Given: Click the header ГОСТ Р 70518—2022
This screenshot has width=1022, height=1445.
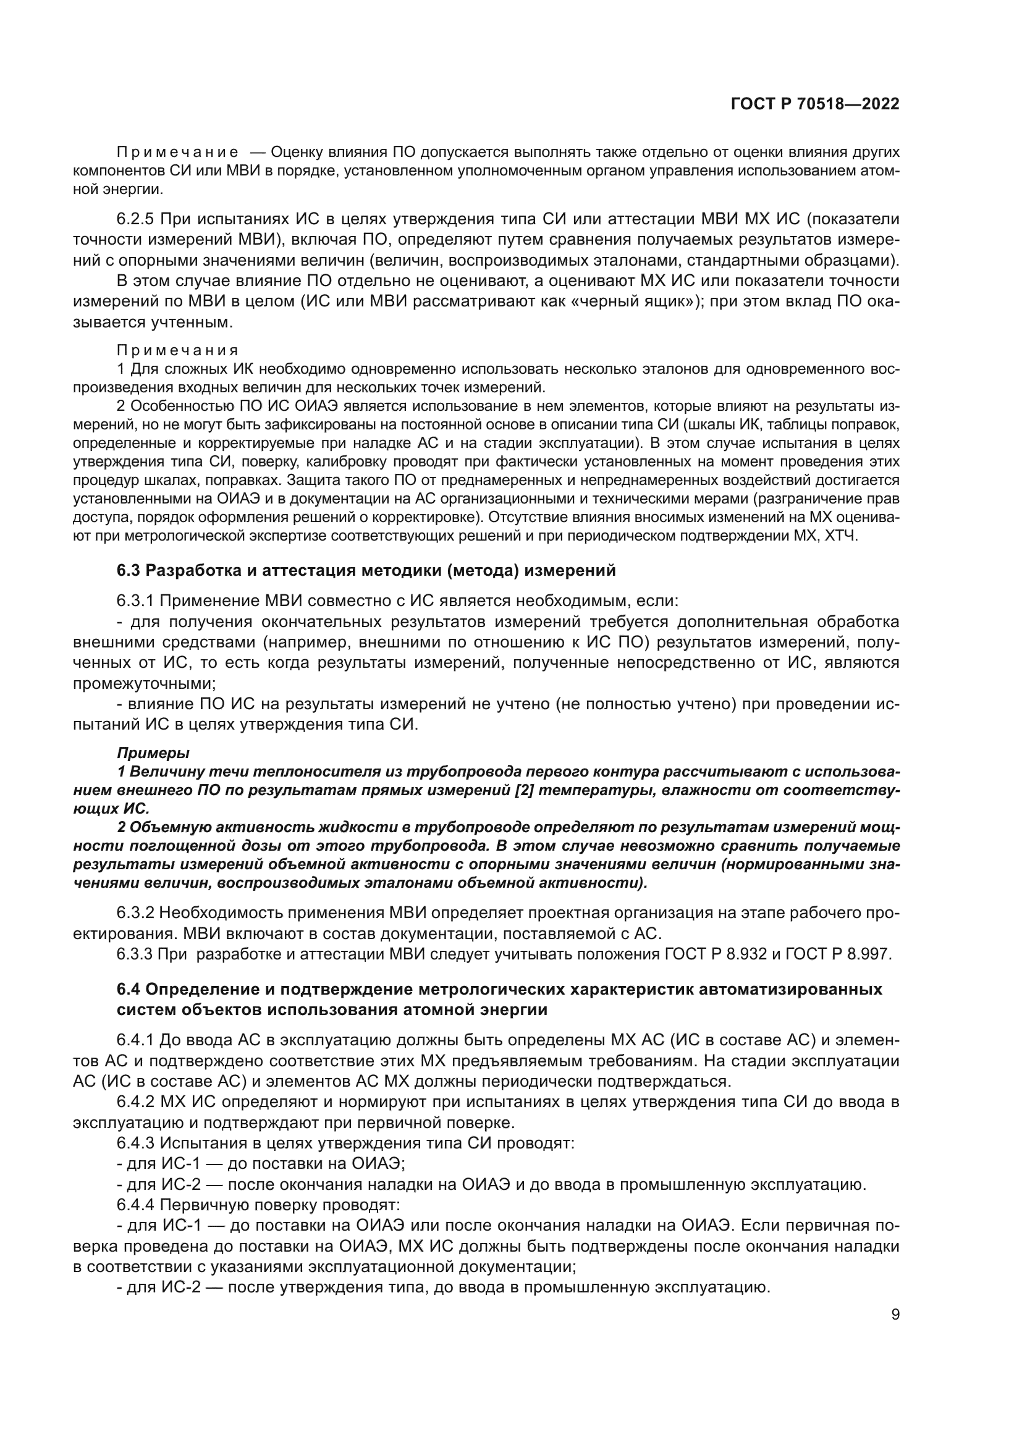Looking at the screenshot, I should [815, 104].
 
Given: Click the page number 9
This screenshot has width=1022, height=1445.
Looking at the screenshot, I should [895, 1315].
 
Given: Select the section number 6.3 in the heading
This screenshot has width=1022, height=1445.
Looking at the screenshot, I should [129, 571].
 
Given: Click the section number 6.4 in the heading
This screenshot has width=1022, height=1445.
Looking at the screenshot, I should [129, 989].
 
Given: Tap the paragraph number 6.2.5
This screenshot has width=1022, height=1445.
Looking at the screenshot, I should [135, 219].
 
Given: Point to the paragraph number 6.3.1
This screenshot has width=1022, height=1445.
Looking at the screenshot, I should [135, 601].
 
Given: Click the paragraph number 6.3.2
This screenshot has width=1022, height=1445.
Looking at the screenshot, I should [135, 912].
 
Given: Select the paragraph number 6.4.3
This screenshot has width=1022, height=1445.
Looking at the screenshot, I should [135, 1143].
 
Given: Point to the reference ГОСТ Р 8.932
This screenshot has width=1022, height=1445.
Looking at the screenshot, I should [716, 954].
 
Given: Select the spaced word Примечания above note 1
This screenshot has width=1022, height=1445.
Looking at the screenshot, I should [177, 350].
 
